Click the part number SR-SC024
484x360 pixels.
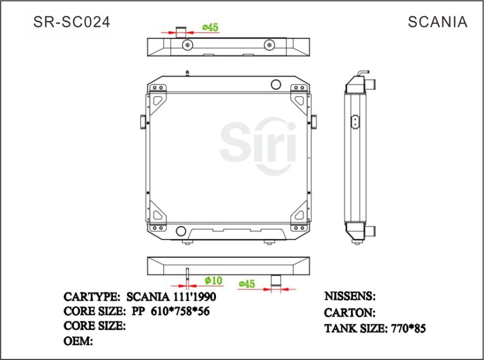coord(72,22)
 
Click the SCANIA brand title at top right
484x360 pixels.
coord(437,22)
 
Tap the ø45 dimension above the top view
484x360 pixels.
coord(210,27)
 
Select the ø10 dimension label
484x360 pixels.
coord(213,281)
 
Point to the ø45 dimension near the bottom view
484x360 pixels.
coord(247,284)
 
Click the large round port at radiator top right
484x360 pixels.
coord(276,84)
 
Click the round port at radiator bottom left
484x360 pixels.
coord(181,231)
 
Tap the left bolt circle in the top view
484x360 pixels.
coord(188,45)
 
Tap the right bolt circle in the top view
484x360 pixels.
coord(269,45)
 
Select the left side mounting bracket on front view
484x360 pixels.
coord(143,121)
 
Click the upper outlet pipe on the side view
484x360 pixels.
coord(371,83)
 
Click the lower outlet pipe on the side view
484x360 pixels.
coord(371,231)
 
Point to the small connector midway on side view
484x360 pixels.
coord(354,121)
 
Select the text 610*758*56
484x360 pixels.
coord(180,311)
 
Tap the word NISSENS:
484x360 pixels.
coord(350,296)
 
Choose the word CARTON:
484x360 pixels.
coord(349,312)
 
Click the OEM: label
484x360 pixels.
coord(78,341)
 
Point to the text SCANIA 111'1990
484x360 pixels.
coord(171,297)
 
